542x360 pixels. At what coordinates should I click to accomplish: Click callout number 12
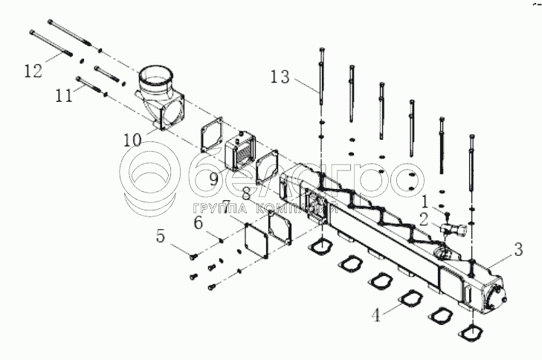pyautogui.click(x=33, y=71)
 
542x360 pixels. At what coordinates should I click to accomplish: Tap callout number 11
pyautogui.click(x=65, y=96)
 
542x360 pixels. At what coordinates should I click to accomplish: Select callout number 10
pyautogui.click(x=132, y=138)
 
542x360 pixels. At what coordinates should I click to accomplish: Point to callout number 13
pyautogui.click(x=280, y=77)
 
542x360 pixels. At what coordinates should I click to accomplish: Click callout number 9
pyautogui.click(x=213, y=178)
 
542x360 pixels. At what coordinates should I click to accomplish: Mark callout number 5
pyautogui.click(x=160, y=237)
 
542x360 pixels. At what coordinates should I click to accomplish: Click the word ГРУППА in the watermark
pyautogui.click(x=217, y=208)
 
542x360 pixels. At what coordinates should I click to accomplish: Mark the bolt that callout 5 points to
pyautogui.click(x=193, y=256)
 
